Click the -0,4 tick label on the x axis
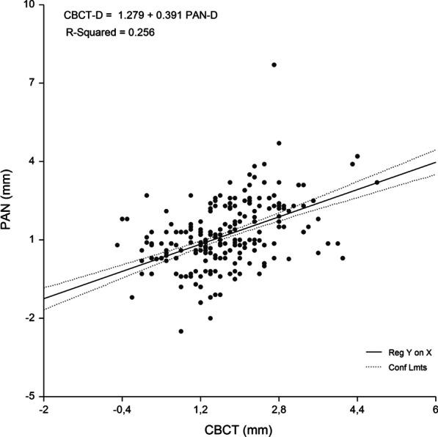(x=122, y=409)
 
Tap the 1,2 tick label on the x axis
(x=200, y=409)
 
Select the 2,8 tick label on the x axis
(x=279, y=409)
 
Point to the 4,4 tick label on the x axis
(x=357, y=409)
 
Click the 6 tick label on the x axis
(x=434, y=409)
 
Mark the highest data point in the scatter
(x=274, y=65)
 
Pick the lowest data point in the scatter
(x=180, y=331)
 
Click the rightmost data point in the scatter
(x=377, y=183)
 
